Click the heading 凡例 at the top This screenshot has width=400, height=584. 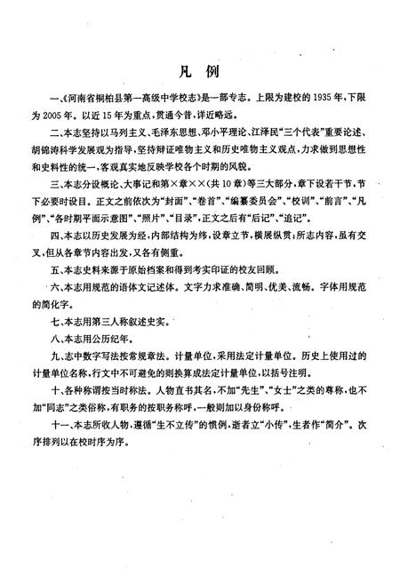click(x=199, y=69)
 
